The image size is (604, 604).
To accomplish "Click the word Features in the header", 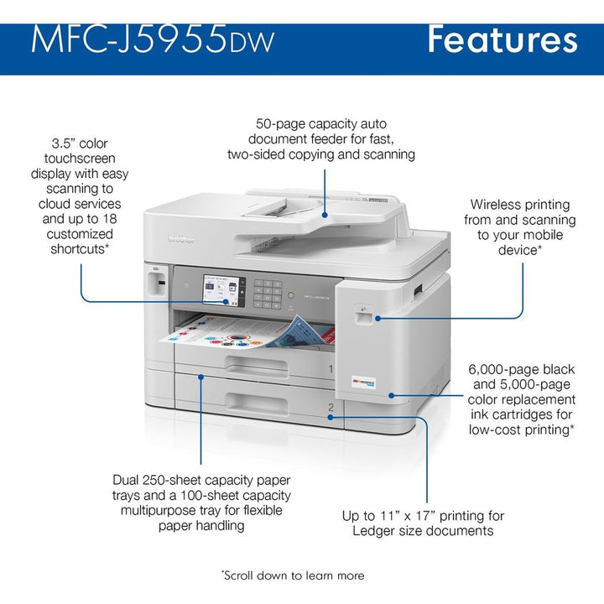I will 502,39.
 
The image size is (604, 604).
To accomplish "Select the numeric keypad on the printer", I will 268,293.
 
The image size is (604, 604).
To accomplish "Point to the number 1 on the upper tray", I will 331,369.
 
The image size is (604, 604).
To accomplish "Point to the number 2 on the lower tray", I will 331,408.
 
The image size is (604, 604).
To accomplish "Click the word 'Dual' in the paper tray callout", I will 128,481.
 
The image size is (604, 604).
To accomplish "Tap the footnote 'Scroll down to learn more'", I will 294,575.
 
